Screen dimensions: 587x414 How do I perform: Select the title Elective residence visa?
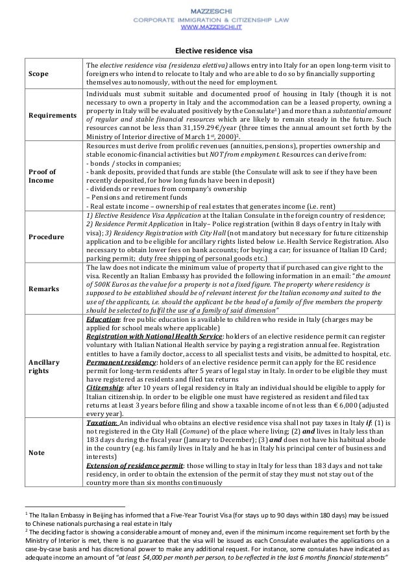tap(207, 51)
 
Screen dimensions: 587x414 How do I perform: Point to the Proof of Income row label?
tap(42, 176)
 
